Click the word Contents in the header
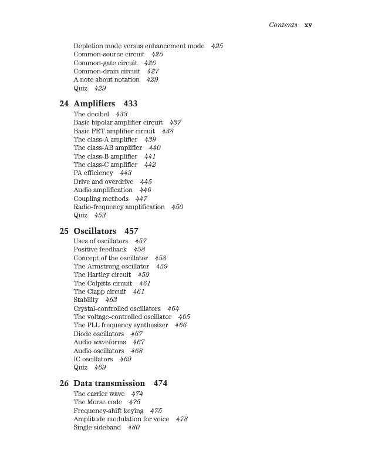pos(283,25)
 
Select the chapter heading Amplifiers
pos(94,103)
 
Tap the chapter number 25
pos(64,231)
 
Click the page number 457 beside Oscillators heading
pos(131,231)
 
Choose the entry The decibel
pos(92,114)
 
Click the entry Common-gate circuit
pos(105,63)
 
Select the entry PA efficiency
pos(93,173)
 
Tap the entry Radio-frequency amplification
pos(119,207)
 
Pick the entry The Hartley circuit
pos(102,274)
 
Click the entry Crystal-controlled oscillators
pos(117,308)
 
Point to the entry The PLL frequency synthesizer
pos(120,325)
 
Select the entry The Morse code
pos(97,402)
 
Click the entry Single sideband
pos(97,428)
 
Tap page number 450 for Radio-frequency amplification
pos(177,207)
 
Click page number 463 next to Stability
pos(111,300)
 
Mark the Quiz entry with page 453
pos(80,216)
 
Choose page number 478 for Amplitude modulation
pos(182,419)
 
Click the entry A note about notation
pos(106,79)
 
